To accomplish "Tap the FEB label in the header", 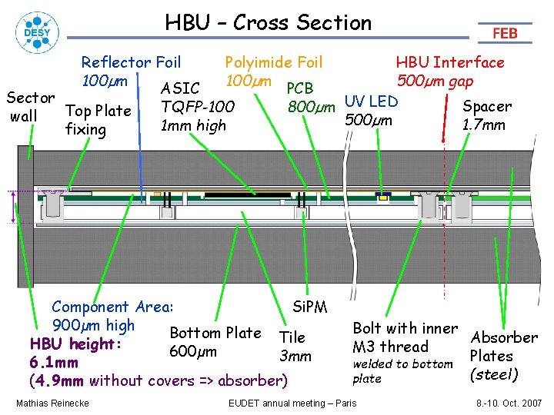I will tap(505, 33).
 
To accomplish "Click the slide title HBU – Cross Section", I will tap(268, 23).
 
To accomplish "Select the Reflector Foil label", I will tap(131, 62).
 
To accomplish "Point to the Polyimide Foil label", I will tap(273, 62).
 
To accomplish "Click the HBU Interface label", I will tap(449, 62).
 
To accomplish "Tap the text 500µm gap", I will tap(435, 81).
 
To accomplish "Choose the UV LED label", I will tap(371, 101).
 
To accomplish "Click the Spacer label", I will tap(486, 107).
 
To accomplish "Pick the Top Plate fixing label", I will tap(98, 119).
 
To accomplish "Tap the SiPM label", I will tap(310, 307).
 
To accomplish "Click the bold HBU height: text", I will tap(75, 344).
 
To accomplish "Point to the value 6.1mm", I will tap(53, 362).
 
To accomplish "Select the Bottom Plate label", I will tap(215, 333).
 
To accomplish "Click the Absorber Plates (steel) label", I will tap(503, 356).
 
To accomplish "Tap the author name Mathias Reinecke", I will tap(52, 403).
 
